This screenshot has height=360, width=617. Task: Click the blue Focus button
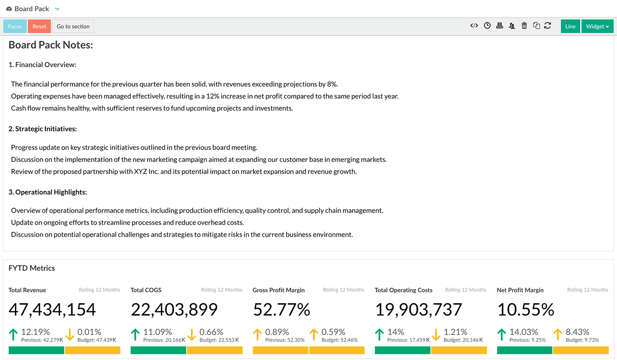[15, 26]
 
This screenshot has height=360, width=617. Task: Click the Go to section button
[73, 26]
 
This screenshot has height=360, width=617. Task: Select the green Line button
[570, 26]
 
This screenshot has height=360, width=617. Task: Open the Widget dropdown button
[597, 26]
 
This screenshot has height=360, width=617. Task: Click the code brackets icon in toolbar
[474, 26]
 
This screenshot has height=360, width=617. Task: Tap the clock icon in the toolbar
[487, 26]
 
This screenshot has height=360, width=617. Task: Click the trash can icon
[524, 26]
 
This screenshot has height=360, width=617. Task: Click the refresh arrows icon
[547, 26]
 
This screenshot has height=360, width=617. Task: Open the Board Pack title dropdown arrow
[57, 9]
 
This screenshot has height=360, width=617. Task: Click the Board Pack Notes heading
[51, 45]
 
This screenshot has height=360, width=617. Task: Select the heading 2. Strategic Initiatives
[43, 129]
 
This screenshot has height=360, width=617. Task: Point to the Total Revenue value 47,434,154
[52, 310]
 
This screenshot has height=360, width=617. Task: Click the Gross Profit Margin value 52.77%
[282, 310]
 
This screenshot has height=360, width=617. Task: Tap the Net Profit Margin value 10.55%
[526, 310]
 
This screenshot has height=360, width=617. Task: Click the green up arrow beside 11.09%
[135, 335]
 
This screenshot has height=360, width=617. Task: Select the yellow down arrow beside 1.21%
[436, 335]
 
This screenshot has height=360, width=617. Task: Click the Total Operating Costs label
[403, 290]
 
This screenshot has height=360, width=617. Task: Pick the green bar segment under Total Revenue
[36, 350]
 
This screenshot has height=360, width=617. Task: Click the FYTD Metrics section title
[32, 268]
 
